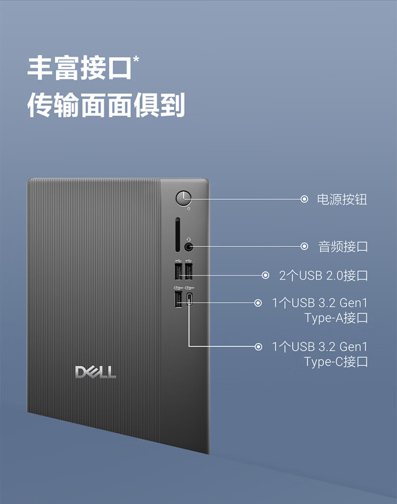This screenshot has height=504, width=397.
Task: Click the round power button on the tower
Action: pos(183,199)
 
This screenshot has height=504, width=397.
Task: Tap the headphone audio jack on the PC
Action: pos(189,246)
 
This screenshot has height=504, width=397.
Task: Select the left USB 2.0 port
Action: pos(178,272)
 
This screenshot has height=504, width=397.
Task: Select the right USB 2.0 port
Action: pos(188,272)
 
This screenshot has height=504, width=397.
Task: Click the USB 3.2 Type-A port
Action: pos(178,299)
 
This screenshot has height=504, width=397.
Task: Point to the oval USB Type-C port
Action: pos(189,299)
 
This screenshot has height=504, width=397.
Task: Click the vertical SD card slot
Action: pos(177,234)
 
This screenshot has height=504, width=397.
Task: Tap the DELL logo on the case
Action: pos(96,372)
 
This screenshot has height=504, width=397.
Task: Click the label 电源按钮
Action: pos(341,199)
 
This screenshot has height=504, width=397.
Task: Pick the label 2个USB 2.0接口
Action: pos(323,276)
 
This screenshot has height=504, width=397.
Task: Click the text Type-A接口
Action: pos(336,318)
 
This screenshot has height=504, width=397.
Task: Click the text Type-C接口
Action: pos(336,362)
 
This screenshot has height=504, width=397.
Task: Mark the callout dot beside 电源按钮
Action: pos(304,199)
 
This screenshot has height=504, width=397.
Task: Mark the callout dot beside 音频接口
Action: pos(304,246)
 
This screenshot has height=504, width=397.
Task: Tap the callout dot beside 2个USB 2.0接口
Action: pos(266,276)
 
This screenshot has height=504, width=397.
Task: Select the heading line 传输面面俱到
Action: pos(106,105)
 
